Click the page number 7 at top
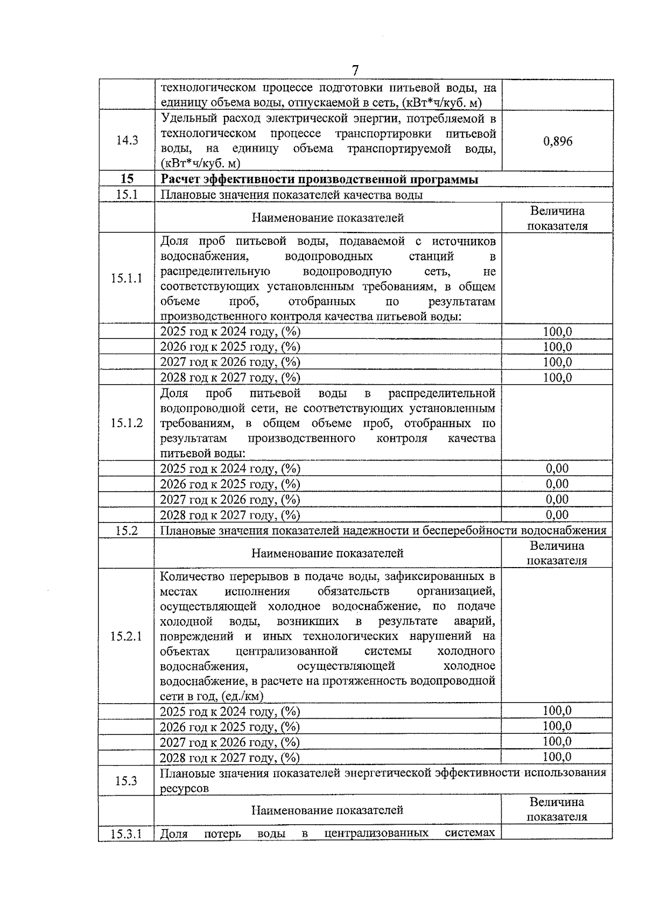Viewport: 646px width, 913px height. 355,70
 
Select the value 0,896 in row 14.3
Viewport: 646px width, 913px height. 558,141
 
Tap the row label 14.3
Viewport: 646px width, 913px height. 127,140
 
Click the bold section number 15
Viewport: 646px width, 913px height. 127,179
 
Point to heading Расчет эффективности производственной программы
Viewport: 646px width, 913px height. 320,180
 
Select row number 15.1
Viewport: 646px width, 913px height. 127,194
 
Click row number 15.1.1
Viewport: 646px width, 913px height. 127,278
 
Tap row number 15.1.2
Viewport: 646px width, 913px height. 127,423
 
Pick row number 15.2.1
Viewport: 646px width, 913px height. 127,636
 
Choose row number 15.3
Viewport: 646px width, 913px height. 127,781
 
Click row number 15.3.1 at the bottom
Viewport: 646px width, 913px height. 127,834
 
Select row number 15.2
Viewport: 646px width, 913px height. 127,530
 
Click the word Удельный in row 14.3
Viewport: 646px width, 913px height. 188,118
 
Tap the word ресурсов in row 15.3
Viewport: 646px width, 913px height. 185,789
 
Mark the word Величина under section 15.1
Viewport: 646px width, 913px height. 557,211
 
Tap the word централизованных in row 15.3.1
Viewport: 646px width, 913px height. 376,833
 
